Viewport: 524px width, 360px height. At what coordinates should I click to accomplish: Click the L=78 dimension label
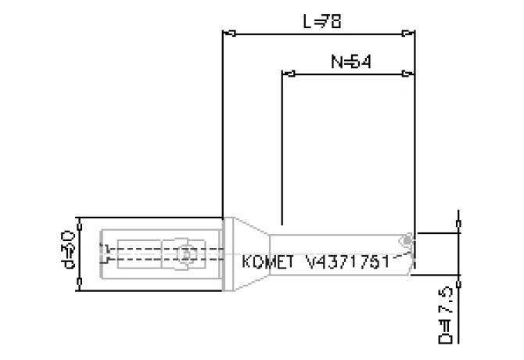click(x=322, y=22)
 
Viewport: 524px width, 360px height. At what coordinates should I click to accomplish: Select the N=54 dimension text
click(x=349, y=63)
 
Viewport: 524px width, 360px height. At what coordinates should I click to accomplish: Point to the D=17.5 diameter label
click(x=447, y=315)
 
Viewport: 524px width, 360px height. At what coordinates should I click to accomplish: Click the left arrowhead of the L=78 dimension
click(x=230, y=34)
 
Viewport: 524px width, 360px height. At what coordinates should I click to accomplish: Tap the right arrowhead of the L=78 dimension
click(x=407, y=34)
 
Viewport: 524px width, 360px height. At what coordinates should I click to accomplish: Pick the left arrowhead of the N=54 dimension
click(x=288, y=75)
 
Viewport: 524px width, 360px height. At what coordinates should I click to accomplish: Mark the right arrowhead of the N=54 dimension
click(x=407, y=75)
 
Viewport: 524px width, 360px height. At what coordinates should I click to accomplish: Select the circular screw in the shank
click(x=186, y=254)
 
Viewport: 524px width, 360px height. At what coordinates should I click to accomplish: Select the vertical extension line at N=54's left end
click(x=282, y=149)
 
